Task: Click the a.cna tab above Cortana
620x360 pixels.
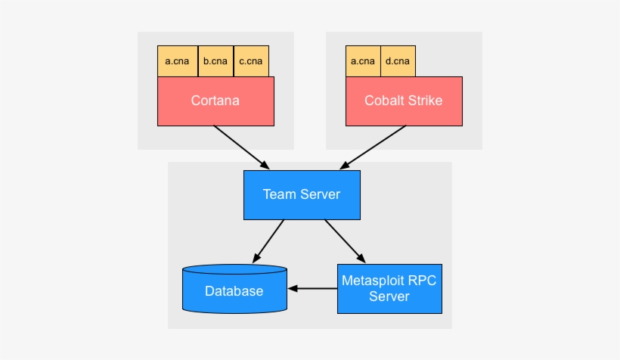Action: (x=177, y=61)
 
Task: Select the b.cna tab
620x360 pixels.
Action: (x=215, y=61)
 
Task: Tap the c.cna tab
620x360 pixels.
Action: (x=251, y=61)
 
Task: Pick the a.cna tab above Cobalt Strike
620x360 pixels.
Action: (x=363, y=61)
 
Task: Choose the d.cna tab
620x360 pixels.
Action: (x=397, y=61)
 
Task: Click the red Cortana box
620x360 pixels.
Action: (x=215, y=101)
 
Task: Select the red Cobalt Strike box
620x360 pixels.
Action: (x=403, y=101)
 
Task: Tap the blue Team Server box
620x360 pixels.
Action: (x=301, y=194)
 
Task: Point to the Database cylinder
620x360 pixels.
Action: (x=234, y=290)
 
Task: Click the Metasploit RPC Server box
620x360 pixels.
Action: (x=389, y=288)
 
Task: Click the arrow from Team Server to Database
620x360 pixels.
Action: (x=268, y=241)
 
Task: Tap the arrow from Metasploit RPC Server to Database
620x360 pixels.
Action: (x=312, y=288)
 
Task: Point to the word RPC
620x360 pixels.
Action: (x=422, y=281)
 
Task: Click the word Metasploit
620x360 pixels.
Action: (x=374, y=281)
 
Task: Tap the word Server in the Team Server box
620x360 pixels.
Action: (x=320, y=194)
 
